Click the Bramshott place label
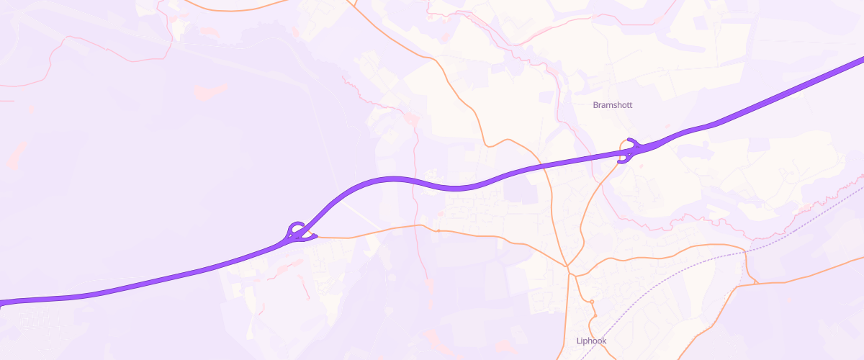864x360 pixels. (612, 105)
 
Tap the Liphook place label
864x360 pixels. (593, 341)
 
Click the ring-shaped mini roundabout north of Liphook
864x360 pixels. (591, 301)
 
